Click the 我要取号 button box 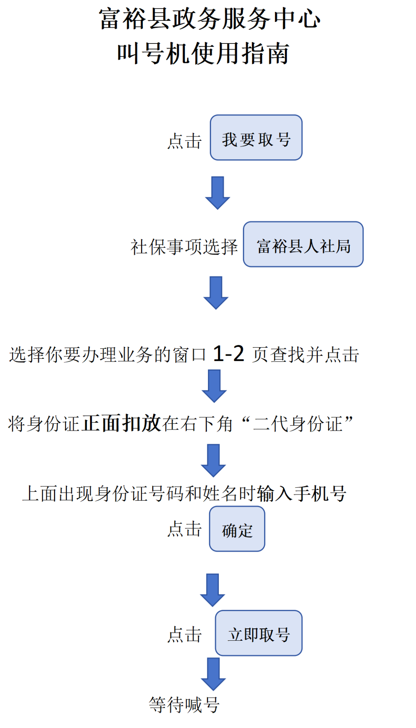tap(256, 138)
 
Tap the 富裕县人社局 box tap(303, 244)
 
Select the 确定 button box tap(237, 529)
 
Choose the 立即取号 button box tap(258, 633)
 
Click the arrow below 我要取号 tap(218, 192)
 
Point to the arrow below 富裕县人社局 tap(216, 292)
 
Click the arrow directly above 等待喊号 tap(213, 673)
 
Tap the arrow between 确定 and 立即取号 tap(213, 590)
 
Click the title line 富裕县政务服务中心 tap(210, 19)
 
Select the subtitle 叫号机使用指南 tap(203, 53)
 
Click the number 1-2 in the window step tap(228, 353)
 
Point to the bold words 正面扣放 tap(122, 423)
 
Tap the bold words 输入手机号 tap(302, 493)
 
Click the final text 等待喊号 tap(184, 705)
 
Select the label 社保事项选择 tap(184, 247)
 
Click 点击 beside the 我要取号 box tap(185, 141)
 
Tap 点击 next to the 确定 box tap(185, 529)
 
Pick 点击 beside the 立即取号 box tap(185, 635)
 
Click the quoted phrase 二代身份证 tap(297, 424)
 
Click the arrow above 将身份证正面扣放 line tap(214, 386)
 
